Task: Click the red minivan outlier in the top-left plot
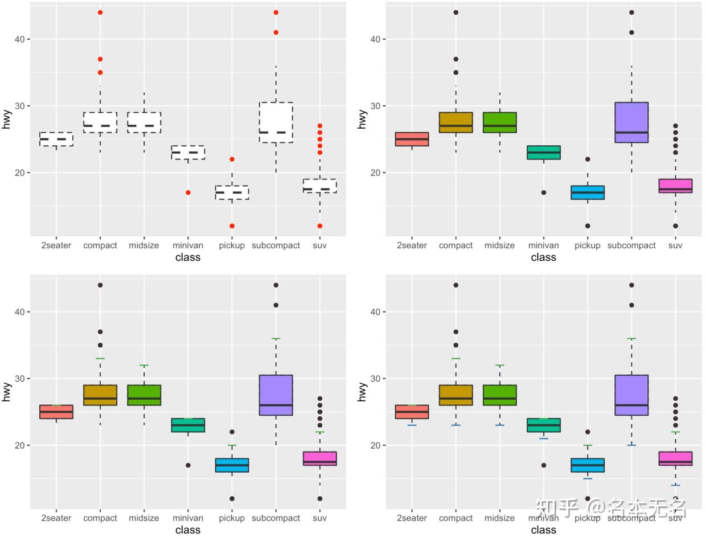click(188, 192)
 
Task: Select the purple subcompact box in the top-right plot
click(631, 122)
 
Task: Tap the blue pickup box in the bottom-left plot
click(232, 465)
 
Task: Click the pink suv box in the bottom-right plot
click(675, 458)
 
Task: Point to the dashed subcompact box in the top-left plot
click(276, 122)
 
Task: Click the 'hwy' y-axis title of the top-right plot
click(362, 119)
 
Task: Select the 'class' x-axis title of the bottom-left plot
click(188, 530)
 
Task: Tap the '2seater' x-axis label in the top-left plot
click(56, 245)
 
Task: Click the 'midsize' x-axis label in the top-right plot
click(499, 245)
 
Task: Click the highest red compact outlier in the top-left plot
click(100, 13)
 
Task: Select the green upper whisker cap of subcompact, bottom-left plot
click(276, 339)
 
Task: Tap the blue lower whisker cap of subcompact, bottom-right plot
click(631, 445)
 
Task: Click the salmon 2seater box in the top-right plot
click(412, 139)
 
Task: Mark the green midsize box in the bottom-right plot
click(499, 395)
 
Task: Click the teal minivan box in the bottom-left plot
click(188, 425)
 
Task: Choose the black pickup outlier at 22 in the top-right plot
click(588, 159)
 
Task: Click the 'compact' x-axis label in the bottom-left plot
click(100, 518)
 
